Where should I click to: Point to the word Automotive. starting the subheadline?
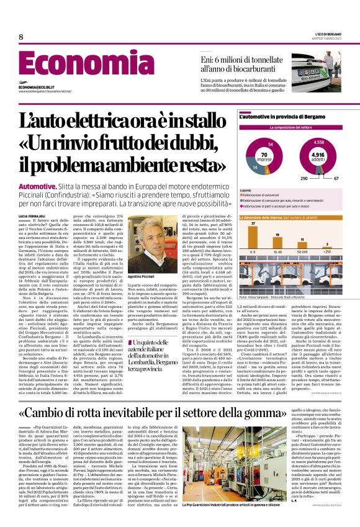tap(38, 186)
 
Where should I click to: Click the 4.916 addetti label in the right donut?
tap(317, 155)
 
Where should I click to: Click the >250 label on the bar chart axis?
tap(327, 251)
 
